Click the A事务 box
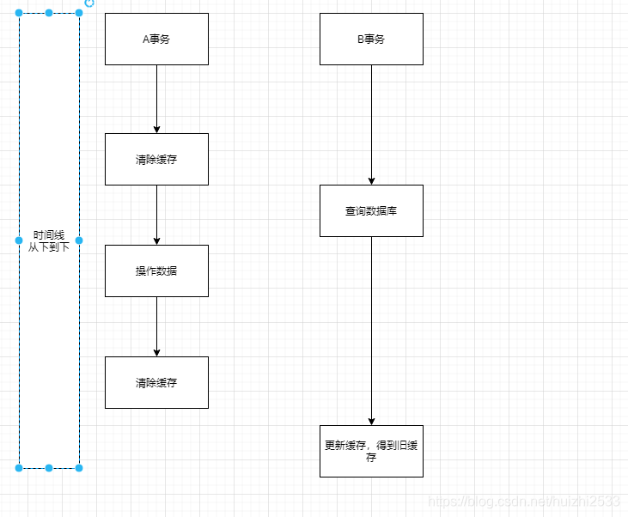(156, 39)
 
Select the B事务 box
(371, 39)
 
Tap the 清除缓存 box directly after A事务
(156, 159)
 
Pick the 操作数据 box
(156, 271)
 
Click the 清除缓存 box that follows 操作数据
(156, 382)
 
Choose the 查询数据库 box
(371, 210)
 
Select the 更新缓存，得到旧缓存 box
(371, 451)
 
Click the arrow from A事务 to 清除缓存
(156, 99)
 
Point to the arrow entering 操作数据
(156, 215)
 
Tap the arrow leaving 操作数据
(156, 326)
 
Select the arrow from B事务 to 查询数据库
(371, 125)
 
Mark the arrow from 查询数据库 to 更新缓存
(371, 331)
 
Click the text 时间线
(49, 235)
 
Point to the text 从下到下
(49, 246)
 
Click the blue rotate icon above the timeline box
(89, 3)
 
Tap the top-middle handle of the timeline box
(49, 13)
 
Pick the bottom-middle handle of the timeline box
(49, 468)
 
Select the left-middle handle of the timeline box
(19, 240)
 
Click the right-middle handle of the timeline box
(79, 240)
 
